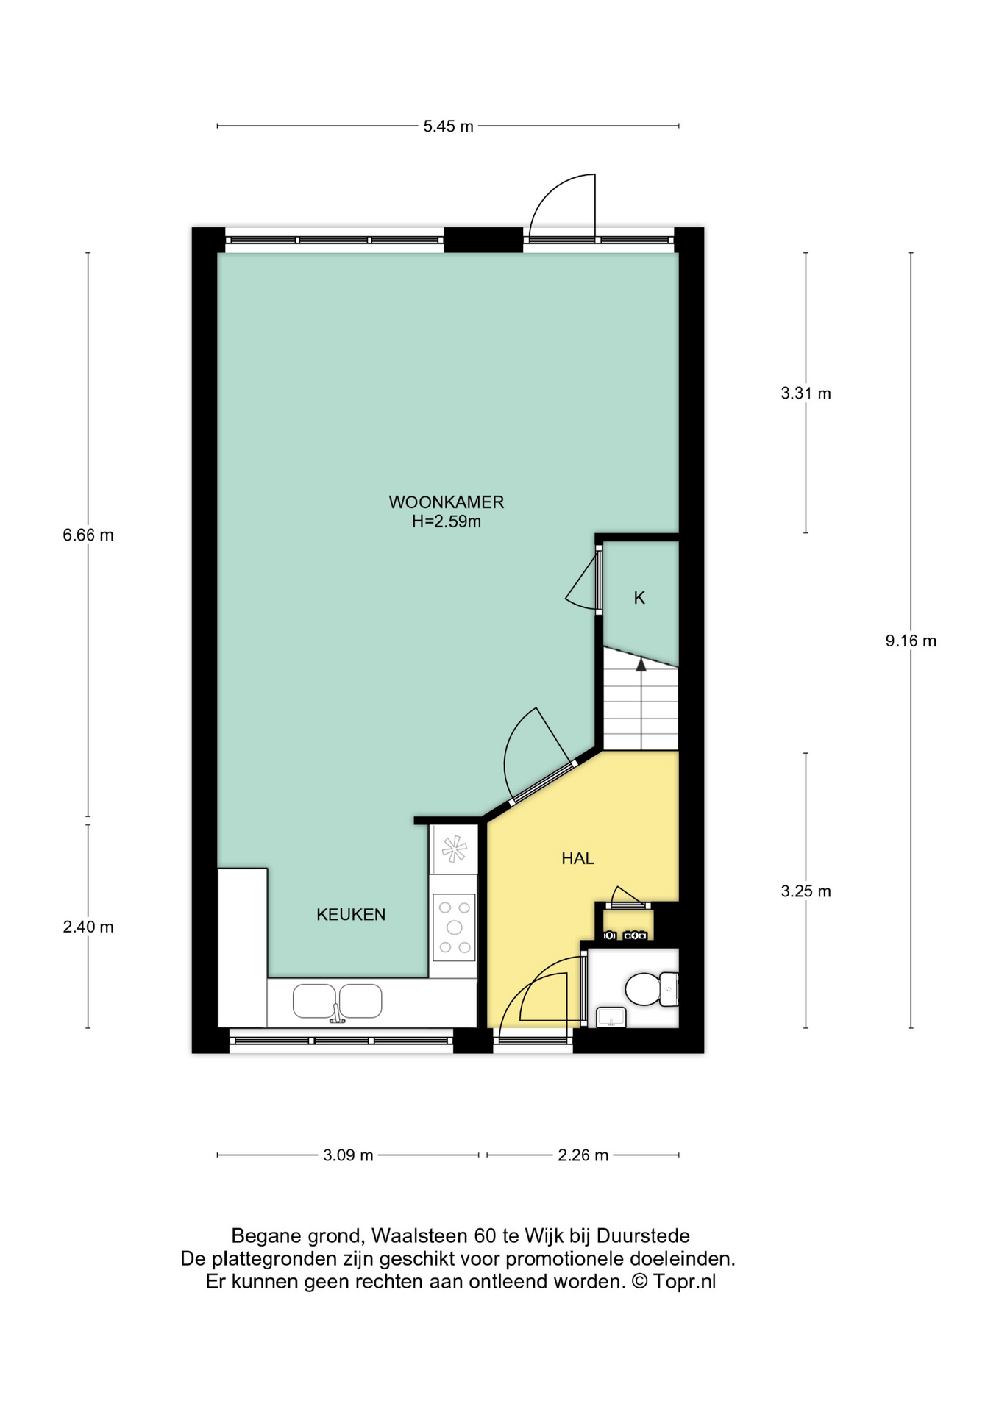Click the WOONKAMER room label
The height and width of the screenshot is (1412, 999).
(x=447, y=502)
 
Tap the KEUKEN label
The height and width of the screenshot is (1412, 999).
(x=351, y=914)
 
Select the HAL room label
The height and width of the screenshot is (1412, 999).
(x=577, y=858)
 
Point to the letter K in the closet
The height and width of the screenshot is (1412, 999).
(x=639, y=598)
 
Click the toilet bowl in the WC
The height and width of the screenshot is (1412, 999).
(x=642, y=989)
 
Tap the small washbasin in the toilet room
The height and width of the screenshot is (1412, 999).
(x=611, y=1017)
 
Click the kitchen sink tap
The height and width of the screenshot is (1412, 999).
(x=336, y=1013)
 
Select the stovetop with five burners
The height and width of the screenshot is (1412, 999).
(x=455, y=927)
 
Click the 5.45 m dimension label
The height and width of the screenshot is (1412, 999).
(x=448, y=126)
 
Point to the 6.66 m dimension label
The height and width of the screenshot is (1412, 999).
(x=88, y=535)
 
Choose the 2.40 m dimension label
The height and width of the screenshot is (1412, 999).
(x=88, y=927)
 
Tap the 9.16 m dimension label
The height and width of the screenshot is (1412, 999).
(x=911, y=641)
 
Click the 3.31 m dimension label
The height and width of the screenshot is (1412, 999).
(x=806, y=393)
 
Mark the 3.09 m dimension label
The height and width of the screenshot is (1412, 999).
(x=348, y=1155)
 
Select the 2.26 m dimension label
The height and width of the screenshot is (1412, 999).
(x=583, y=1155)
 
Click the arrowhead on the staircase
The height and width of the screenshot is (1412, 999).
(x=641, y=665)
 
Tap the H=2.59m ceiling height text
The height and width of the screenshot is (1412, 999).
(x=447, y=522)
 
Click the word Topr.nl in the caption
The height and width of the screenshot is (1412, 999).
(x=684, y=1282)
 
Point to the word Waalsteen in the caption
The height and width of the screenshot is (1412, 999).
(x=420, y=1235)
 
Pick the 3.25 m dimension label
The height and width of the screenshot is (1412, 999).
(x=806, y=892)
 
